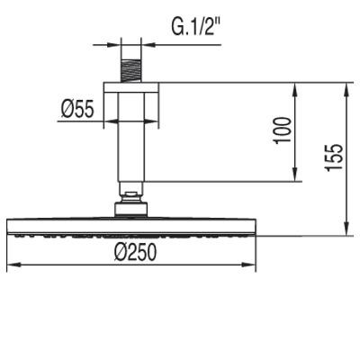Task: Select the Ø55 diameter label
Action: point(78,110)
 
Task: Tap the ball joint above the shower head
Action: point(132,196)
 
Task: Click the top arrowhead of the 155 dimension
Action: point(345,87)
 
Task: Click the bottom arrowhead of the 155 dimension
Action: point(345,232)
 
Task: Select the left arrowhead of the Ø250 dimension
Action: point(11,265)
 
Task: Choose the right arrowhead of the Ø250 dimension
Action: point(256,265)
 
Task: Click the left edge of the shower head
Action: point(8,228)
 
